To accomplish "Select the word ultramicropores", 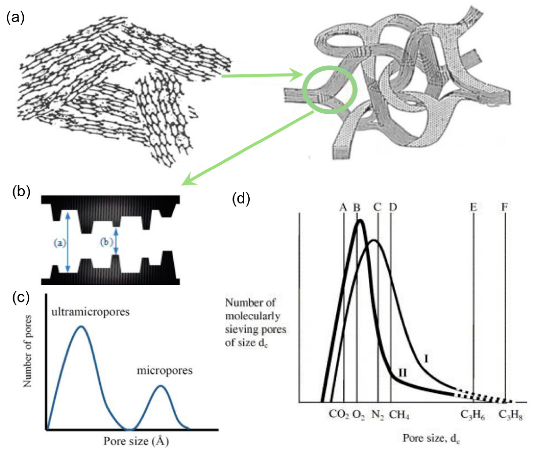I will point(91,312).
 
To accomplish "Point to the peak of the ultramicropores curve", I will point(81,327).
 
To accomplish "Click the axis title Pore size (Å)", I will point(136,441).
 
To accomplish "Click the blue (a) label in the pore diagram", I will point(60,243).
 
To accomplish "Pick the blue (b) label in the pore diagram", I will point(106,242).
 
